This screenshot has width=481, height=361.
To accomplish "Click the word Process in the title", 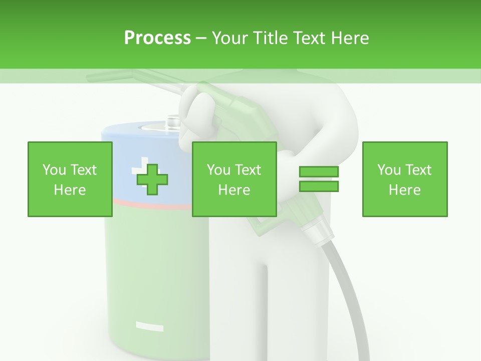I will pos(157,38).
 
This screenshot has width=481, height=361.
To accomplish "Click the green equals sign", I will pos(319,179).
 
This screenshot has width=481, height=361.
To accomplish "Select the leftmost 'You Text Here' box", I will pos(70,179).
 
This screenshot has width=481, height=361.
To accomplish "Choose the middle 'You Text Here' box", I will pos(234,179).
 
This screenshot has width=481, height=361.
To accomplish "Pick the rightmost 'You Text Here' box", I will pos(404,179).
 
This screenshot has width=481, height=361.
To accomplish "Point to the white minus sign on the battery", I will pos(149,327).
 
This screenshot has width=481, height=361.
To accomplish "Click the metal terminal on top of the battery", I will pos(173,122).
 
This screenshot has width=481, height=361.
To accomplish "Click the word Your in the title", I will pos(230,38).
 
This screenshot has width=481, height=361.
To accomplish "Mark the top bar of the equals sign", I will pos(319,172).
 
